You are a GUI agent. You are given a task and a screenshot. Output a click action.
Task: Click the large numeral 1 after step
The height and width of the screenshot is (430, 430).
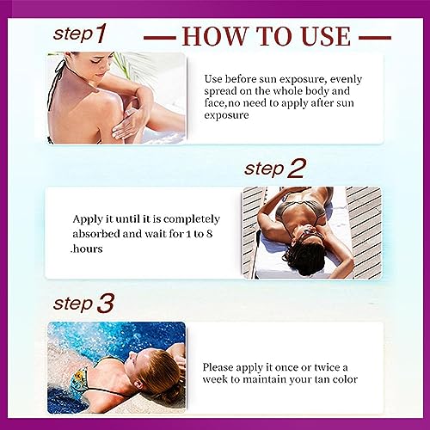(x=100, y=34)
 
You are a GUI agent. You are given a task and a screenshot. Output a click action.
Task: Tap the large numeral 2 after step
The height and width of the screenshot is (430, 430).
(x=297, y=169)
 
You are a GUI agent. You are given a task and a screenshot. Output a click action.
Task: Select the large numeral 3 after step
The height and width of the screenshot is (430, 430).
(x=105, y=304)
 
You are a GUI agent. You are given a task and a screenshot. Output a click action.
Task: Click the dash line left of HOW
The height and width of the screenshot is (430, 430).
(x=160, y=38)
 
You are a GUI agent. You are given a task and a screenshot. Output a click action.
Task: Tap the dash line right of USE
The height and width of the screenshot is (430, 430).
(x=375, y=38)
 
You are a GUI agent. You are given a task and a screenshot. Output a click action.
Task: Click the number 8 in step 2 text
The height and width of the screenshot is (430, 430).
(x=210, y=234)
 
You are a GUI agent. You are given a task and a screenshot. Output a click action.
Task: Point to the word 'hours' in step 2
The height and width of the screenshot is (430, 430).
(x=88, y=249)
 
